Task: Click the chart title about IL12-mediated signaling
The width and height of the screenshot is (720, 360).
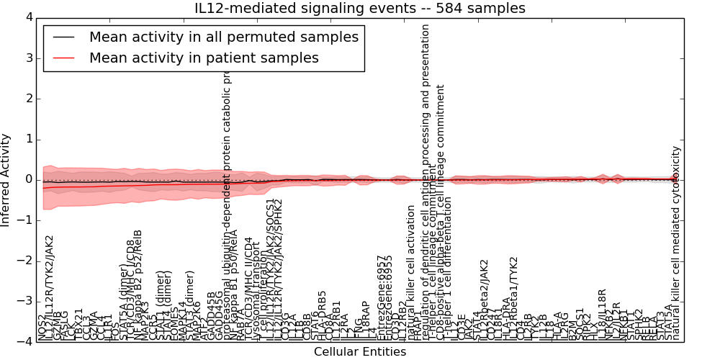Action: (360, 9)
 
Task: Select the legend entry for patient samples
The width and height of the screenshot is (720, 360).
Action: (204, 58)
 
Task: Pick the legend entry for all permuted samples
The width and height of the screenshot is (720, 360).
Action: (223, 37)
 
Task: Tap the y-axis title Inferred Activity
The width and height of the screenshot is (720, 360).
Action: (6, 179)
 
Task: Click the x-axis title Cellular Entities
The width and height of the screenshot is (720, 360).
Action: (359, 352)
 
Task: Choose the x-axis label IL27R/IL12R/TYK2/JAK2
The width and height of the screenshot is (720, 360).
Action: (50, 287)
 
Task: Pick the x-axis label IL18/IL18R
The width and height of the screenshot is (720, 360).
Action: (602, 314)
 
